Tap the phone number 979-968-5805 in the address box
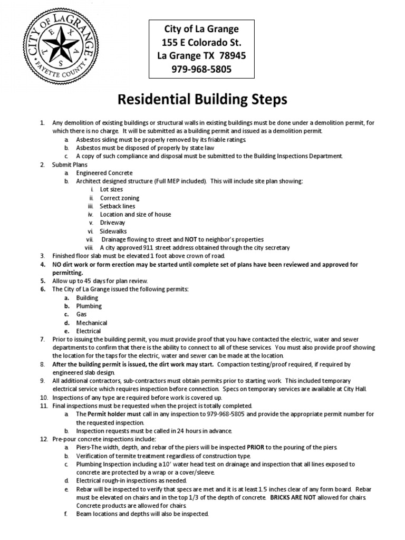coord(195,69)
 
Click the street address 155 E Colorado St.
coord(195,42)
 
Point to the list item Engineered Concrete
coord(104,173)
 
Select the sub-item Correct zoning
coord(120,198)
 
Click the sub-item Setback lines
coord(118,206)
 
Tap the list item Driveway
coord(112,223)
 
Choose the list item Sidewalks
coord(114,231)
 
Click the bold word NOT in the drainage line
coord(191,239)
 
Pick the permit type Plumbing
coord(89,306)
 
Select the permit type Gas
coord(82,314)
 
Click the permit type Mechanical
coord(92,323)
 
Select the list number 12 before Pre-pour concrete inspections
coord(44,439)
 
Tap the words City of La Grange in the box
coord(195,28)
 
